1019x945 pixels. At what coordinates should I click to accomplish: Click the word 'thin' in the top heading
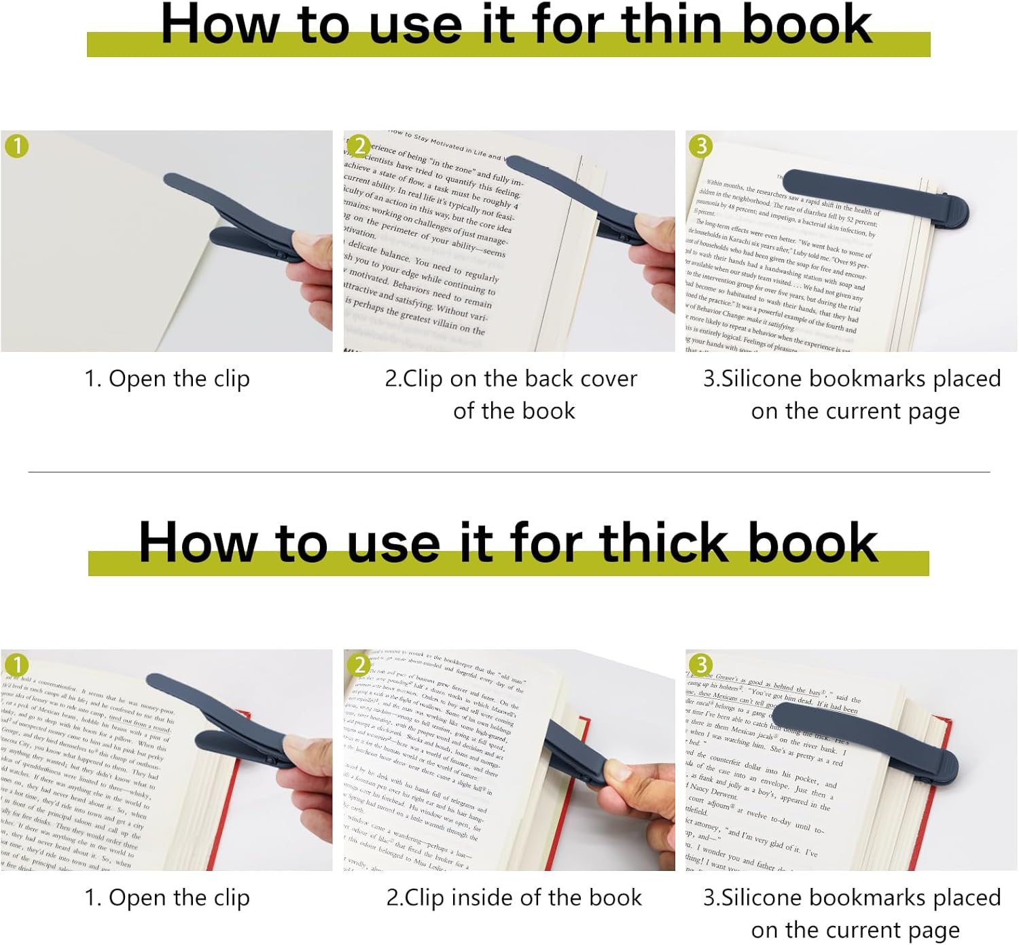point(673,24)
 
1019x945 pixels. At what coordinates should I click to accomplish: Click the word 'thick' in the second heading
point(663,543)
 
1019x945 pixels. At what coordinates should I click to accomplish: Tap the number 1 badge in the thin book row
point(17,146)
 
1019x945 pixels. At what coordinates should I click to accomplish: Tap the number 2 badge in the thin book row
point(359,146)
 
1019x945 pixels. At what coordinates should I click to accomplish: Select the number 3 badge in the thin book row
point(701,146)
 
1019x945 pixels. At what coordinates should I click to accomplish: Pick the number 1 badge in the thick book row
point(17,665)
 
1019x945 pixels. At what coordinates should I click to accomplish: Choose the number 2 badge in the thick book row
point(359,665)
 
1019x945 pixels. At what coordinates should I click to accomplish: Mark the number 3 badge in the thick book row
point(701,665)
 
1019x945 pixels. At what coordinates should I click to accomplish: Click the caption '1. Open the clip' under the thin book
point(167,379)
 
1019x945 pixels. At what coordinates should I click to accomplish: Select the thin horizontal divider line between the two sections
point(509,472)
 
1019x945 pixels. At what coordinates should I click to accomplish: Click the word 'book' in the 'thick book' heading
point(812,543)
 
